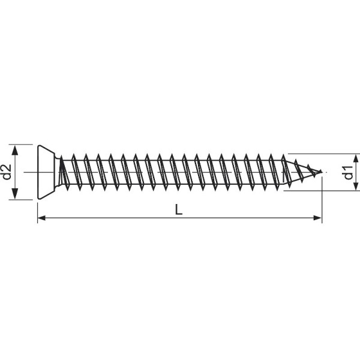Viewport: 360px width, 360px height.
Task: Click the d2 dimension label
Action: click(7, 172)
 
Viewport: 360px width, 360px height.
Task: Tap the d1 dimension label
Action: click(347, 172)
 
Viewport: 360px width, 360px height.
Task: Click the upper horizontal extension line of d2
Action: click(24, 145)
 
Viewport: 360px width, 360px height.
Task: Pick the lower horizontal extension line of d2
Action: click(24, 200)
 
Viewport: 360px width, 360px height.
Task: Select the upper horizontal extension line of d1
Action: click(324, 154)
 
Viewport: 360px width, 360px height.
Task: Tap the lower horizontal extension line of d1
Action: click(324, 191)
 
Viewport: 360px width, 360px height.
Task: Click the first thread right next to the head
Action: click(64, 172)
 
